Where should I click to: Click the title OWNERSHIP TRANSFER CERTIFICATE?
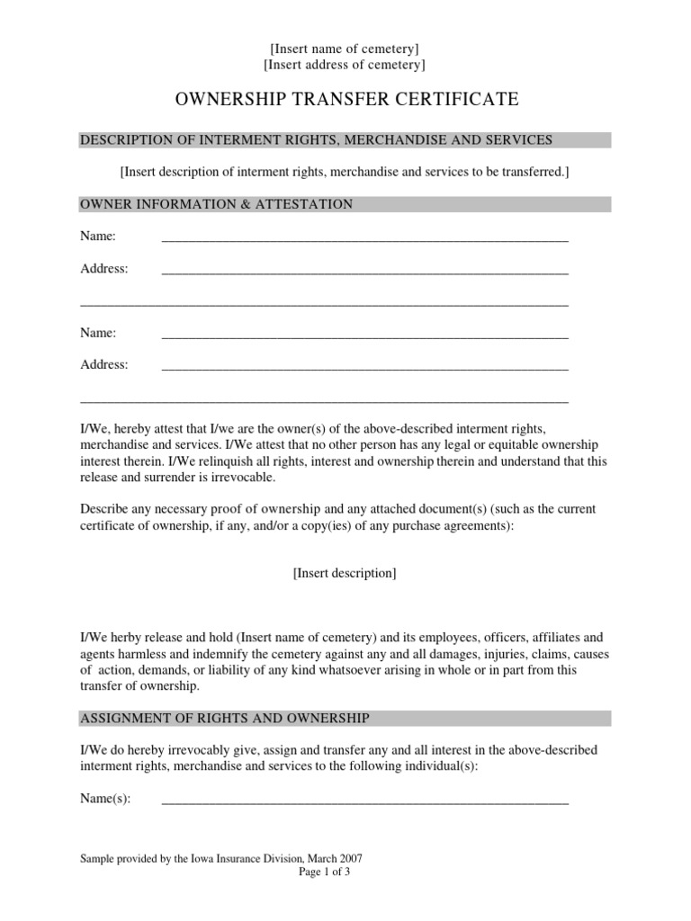[x=345, y=99]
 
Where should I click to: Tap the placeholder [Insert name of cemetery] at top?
[x=345, y=49]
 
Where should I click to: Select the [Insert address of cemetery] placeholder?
[x=345, y=65]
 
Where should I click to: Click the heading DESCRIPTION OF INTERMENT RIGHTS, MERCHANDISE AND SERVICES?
[x=316, y=139]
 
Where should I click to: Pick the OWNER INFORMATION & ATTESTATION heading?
[x=217, y=204]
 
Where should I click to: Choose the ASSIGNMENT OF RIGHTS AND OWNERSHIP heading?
[x=225, y=718]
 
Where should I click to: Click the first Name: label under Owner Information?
[x=98, y=237]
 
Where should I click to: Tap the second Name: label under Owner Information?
[x=98, y=333]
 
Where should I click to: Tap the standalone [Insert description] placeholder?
[x=345, y=573]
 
